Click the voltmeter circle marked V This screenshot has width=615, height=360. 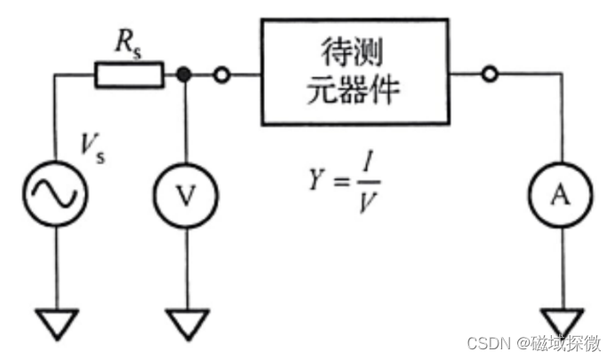[x=186, y=195]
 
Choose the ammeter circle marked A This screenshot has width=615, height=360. [x=561, y=195]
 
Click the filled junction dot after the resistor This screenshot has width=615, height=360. [x=185, y=76]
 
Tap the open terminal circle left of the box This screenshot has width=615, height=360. [x=221, y=76]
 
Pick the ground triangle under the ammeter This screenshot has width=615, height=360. [x=561, y=321]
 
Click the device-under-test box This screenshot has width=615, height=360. [x=355, y=71]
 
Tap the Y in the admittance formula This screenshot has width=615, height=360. [x=315, y=182]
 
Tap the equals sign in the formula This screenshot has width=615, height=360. [x=340, y=183]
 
